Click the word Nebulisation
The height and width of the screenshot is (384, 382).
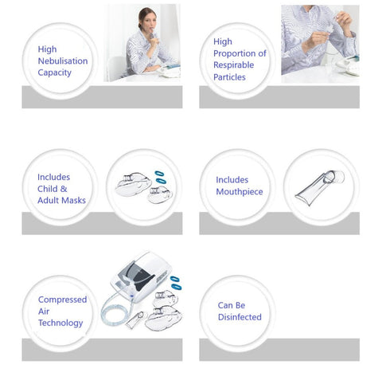coord(63,61)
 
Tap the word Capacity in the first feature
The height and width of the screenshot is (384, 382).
coord(55,72)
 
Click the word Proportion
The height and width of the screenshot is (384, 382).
coord(236,53)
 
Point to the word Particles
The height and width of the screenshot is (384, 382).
coord(229,77)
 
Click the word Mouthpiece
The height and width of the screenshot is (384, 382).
coord(239,192)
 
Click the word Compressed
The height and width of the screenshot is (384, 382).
coord(63,300)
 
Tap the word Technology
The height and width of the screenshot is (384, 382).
coord(60,323)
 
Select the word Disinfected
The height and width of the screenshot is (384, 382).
coord(240,317)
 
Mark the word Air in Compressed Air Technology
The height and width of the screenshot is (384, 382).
coord(45,312)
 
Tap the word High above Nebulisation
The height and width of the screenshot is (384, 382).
coord(48,49)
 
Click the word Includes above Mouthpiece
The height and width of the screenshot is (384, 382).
coord(232,180)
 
